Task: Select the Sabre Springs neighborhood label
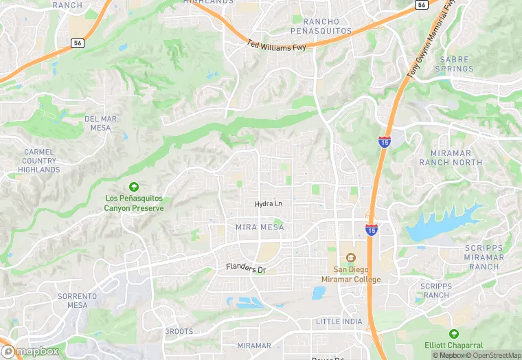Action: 456,64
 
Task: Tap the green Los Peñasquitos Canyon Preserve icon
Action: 134,187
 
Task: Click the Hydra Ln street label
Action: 269,204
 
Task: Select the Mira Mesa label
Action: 260,227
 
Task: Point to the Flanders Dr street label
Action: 246,268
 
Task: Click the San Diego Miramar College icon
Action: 351,258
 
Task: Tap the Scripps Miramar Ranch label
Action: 484,257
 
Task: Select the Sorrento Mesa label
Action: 78,300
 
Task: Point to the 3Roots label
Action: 179,331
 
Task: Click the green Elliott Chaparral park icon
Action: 454,333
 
